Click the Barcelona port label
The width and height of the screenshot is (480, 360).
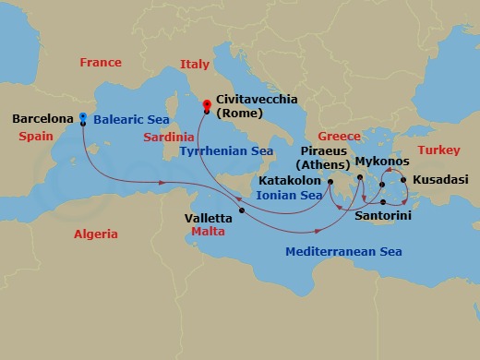coord(42,119)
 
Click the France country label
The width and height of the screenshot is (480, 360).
coord(101,64)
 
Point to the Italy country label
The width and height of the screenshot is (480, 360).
coord(195,66)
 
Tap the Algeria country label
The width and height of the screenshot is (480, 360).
coord(96,234)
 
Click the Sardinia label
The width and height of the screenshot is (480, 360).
coord(168,137)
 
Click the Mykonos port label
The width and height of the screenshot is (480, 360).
coord(382,159)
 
